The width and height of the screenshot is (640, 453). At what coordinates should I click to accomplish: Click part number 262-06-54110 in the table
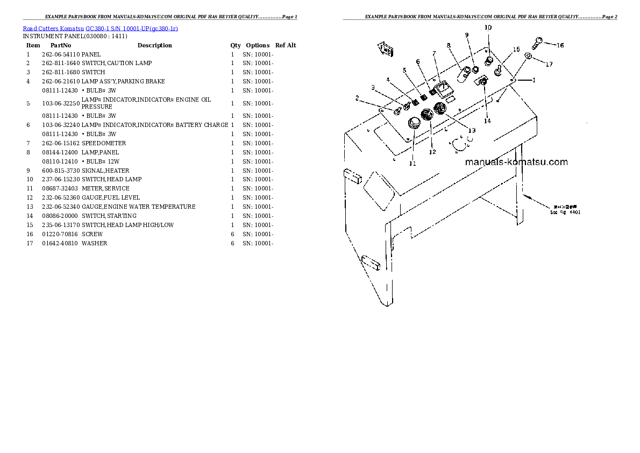coord(60,54)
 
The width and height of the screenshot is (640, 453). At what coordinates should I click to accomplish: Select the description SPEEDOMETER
coord(104,143)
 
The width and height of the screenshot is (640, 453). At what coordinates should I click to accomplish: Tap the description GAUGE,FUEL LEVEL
coord(111,197)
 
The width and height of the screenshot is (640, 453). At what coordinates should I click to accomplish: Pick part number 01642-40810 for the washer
coord(60,243)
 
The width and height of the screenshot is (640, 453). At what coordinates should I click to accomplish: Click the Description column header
coord(154,45)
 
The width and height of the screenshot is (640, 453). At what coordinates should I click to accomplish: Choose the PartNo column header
coord(60,45)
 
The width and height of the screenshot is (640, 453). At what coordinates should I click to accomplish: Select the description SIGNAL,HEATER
coord(105,171)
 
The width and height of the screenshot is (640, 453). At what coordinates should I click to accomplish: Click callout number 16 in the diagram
coord(560,45)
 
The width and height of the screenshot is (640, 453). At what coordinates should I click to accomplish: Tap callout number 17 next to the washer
coord(549,65)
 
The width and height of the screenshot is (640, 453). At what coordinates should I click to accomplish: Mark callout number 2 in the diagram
coord(356,98)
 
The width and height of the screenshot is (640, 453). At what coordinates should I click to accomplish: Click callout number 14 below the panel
coord(487,121)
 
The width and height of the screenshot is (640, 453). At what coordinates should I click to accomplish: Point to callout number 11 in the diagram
coord(413,163)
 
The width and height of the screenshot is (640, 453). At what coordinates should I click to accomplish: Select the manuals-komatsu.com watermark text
coord(516,161)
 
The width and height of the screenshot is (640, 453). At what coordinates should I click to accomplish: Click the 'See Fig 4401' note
coord(565,212)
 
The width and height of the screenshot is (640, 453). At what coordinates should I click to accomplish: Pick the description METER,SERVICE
coord(105,188)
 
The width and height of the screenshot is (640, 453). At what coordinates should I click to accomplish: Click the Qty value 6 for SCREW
coord(232,234)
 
